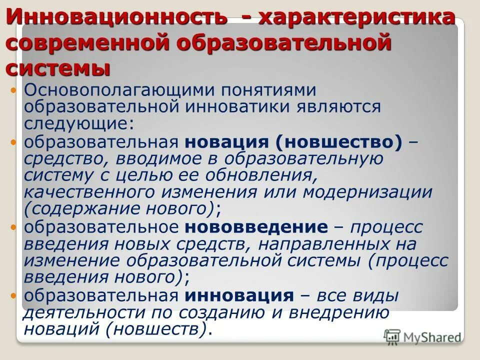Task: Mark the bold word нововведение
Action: coord(255,227)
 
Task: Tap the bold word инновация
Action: coord(239,295)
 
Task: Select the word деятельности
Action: coord(75,313)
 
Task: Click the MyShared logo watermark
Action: coord(422,336)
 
